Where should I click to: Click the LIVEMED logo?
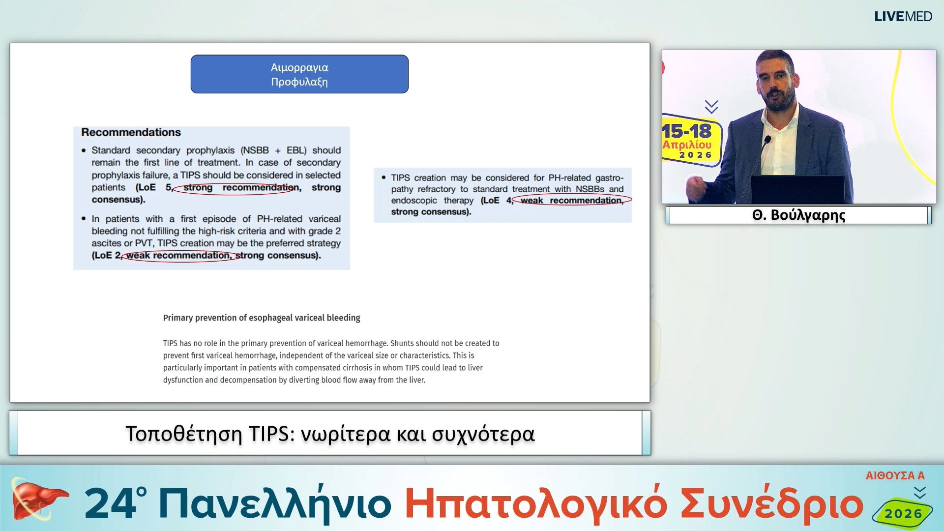pyautogui.click(x=903, y=16)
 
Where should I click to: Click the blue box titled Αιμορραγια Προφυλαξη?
pyautogui.click(x=299, y=74)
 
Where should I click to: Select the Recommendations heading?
pyautogui.click(x=131, y=132)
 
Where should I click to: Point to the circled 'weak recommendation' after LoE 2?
pyautogui.click(x=179, y=256)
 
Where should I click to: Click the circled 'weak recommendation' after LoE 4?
pyautogui.click(x=571, y=201)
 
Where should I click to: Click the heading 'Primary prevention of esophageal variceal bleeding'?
pyautogui.click(x=262, y=318)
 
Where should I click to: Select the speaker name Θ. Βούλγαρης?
pyautogui.click(x=798, y=215)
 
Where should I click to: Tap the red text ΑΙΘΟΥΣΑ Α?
pyautogui.click(x=895, y=475)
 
